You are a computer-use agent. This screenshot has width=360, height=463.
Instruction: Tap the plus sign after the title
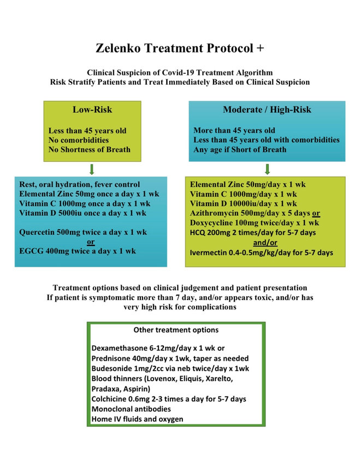(x=260, y=48)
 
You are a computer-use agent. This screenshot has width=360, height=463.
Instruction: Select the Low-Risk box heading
(x=92, y=109)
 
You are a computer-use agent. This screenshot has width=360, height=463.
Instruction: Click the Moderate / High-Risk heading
(x=267, y=109)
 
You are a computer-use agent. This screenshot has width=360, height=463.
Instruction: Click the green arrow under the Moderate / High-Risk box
(x=267, y=168)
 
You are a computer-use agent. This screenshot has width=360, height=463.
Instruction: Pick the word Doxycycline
(x=214, y=222)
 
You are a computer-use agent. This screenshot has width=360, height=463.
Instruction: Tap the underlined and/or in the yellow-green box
(x=267, y=242)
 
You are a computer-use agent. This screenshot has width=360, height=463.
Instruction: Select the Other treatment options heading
(x=176, y=330)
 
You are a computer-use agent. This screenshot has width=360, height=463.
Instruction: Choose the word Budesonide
(x=113, y=369)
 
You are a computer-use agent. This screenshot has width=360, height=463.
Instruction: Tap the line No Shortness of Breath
(x=90, y=150)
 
